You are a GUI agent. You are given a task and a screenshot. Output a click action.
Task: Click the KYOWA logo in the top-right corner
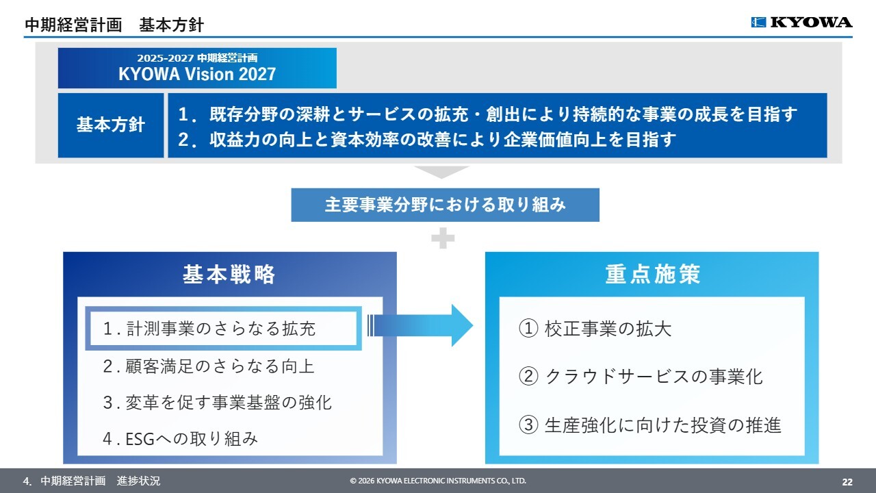pos(801,23)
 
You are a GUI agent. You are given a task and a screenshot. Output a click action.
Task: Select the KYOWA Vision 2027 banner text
pos(197,74)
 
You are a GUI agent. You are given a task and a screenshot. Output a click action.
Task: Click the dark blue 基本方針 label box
pos(111,125)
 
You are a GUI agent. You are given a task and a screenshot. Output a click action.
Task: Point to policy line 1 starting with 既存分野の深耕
pos(487,114)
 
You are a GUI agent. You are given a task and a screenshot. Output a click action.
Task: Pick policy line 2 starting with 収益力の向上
pos(427,140)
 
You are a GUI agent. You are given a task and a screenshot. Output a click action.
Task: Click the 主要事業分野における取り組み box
pos(445,205)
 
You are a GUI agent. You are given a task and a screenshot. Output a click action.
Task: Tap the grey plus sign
pos(443,238)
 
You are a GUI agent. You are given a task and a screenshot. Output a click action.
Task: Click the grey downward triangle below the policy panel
pos(441,172)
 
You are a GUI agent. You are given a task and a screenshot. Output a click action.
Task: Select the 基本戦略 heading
pos(229,275)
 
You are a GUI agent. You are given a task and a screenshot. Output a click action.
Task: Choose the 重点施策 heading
pos(652,275)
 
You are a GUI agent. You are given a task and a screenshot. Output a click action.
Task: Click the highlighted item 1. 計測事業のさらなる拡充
pos(209,329)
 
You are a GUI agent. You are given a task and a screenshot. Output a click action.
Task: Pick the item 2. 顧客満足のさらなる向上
pos(209,366)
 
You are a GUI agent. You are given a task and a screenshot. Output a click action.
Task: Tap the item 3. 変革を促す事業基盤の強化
pos(217,402)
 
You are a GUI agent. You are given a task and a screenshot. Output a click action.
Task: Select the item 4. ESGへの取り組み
pos(181,438)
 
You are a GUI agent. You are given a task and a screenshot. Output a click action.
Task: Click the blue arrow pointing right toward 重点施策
pos(421,325)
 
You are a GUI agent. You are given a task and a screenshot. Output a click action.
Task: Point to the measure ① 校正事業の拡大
pos(595,329)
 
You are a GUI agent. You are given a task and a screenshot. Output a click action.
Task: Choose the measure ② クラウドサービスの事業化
pos(641,376)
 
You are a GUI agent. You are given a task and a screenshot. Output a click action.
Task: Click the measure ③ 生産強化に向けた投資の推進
pos(650,425)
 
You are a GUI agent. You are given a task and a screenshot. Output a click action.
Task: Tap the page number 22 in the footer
pos(847,481)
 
